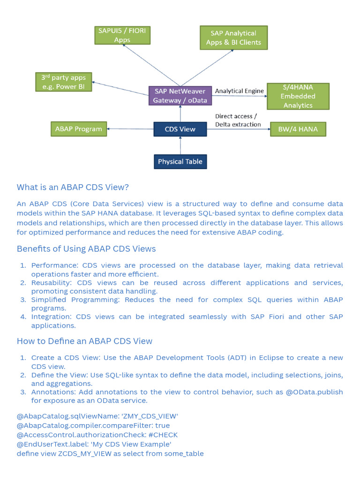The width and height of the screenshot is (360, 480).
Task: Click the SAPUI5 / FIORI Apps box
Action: [122, 35]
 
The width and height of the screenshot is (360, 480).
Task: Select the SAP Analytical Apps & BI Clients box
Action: [233, 38]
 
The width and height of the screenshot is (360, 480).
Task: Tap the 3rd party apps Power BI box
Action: [64, 82]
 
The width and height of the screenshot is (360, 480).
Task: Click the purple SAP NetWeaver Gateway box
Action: [180, 96]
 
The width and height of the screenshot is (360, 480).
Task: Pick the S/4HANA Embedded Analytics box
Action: [298, 96]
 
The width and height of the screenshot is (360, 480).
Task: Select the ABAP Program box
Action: [78, 129]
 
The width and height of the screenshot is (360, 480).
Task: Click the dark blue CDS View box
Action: [180, 129]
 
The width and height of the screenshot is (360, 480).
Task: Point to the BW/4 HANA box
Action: [298, 129]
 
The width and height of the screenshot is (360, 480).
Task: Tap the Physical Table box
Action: [180, 162]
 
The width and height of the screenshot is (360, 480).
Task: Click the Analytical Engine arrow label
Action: [239, 91]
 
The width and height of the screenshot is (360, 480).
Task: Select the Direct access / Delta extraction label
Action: [238, 120]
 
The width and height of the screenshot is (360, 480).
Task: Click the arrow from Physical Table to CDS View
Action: [180, 145]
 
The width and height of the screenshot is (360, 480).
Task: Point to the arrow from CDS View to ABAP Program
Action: [130, 129]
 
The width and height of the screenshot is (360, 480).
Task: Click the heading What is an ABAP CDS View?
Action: [73, 187]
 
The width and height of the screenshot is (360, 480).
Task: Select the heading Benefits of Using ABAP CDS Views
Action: [86, 249]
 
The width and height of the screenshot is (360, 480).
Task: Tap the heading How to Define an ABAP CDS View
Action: [84, 341]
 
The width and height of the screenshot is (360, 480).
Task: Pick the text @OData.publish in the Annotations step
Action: [314, 392]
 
